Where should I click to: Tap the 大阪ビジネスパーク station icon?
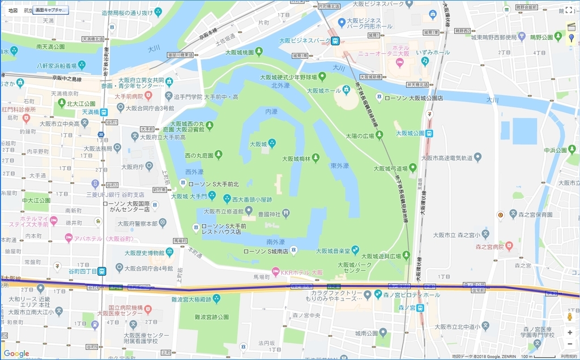point(335,41)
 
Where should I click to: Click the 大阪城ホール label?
point(324,91)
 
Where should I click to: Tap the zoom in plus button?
point(570,332)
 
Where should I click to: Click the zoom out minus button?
point(570,344)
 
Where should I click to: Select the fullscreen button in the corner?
point(569,10)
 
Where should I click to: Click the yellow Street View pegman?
point(570,316)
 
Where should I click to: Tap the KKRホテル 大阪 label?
point(302,272)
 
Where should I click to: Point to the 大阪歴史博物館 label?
point(141,252)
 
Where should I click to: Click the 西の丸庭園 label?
point(198,155)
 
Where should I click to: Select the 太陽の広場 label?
point(360,135)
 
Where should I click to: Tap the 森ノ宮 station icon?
point(420,308)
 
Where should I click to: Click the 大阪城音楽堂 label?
point(333,250)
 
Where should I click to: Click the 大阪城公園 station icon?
point(430,134)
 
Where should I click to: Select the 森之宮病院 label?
point(489,247)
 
